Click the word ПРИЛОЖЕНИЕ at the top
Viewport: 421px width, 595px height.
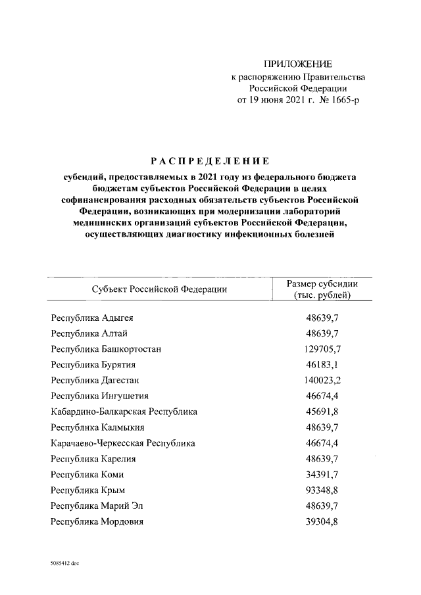[x=298, y=64]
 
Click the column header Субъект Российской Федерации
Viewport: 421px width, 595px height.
[x=160, y=289]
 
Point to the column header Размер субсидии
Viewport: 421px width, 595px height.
[x=322, y=283]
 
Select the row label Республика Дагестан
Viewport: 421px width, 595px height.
[x=95, y=380]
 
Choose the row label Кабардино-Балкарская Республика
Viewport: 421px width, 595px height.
[x=124, y=412]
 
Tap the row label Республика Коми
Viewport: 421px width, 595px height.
[x=87, y=474]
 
